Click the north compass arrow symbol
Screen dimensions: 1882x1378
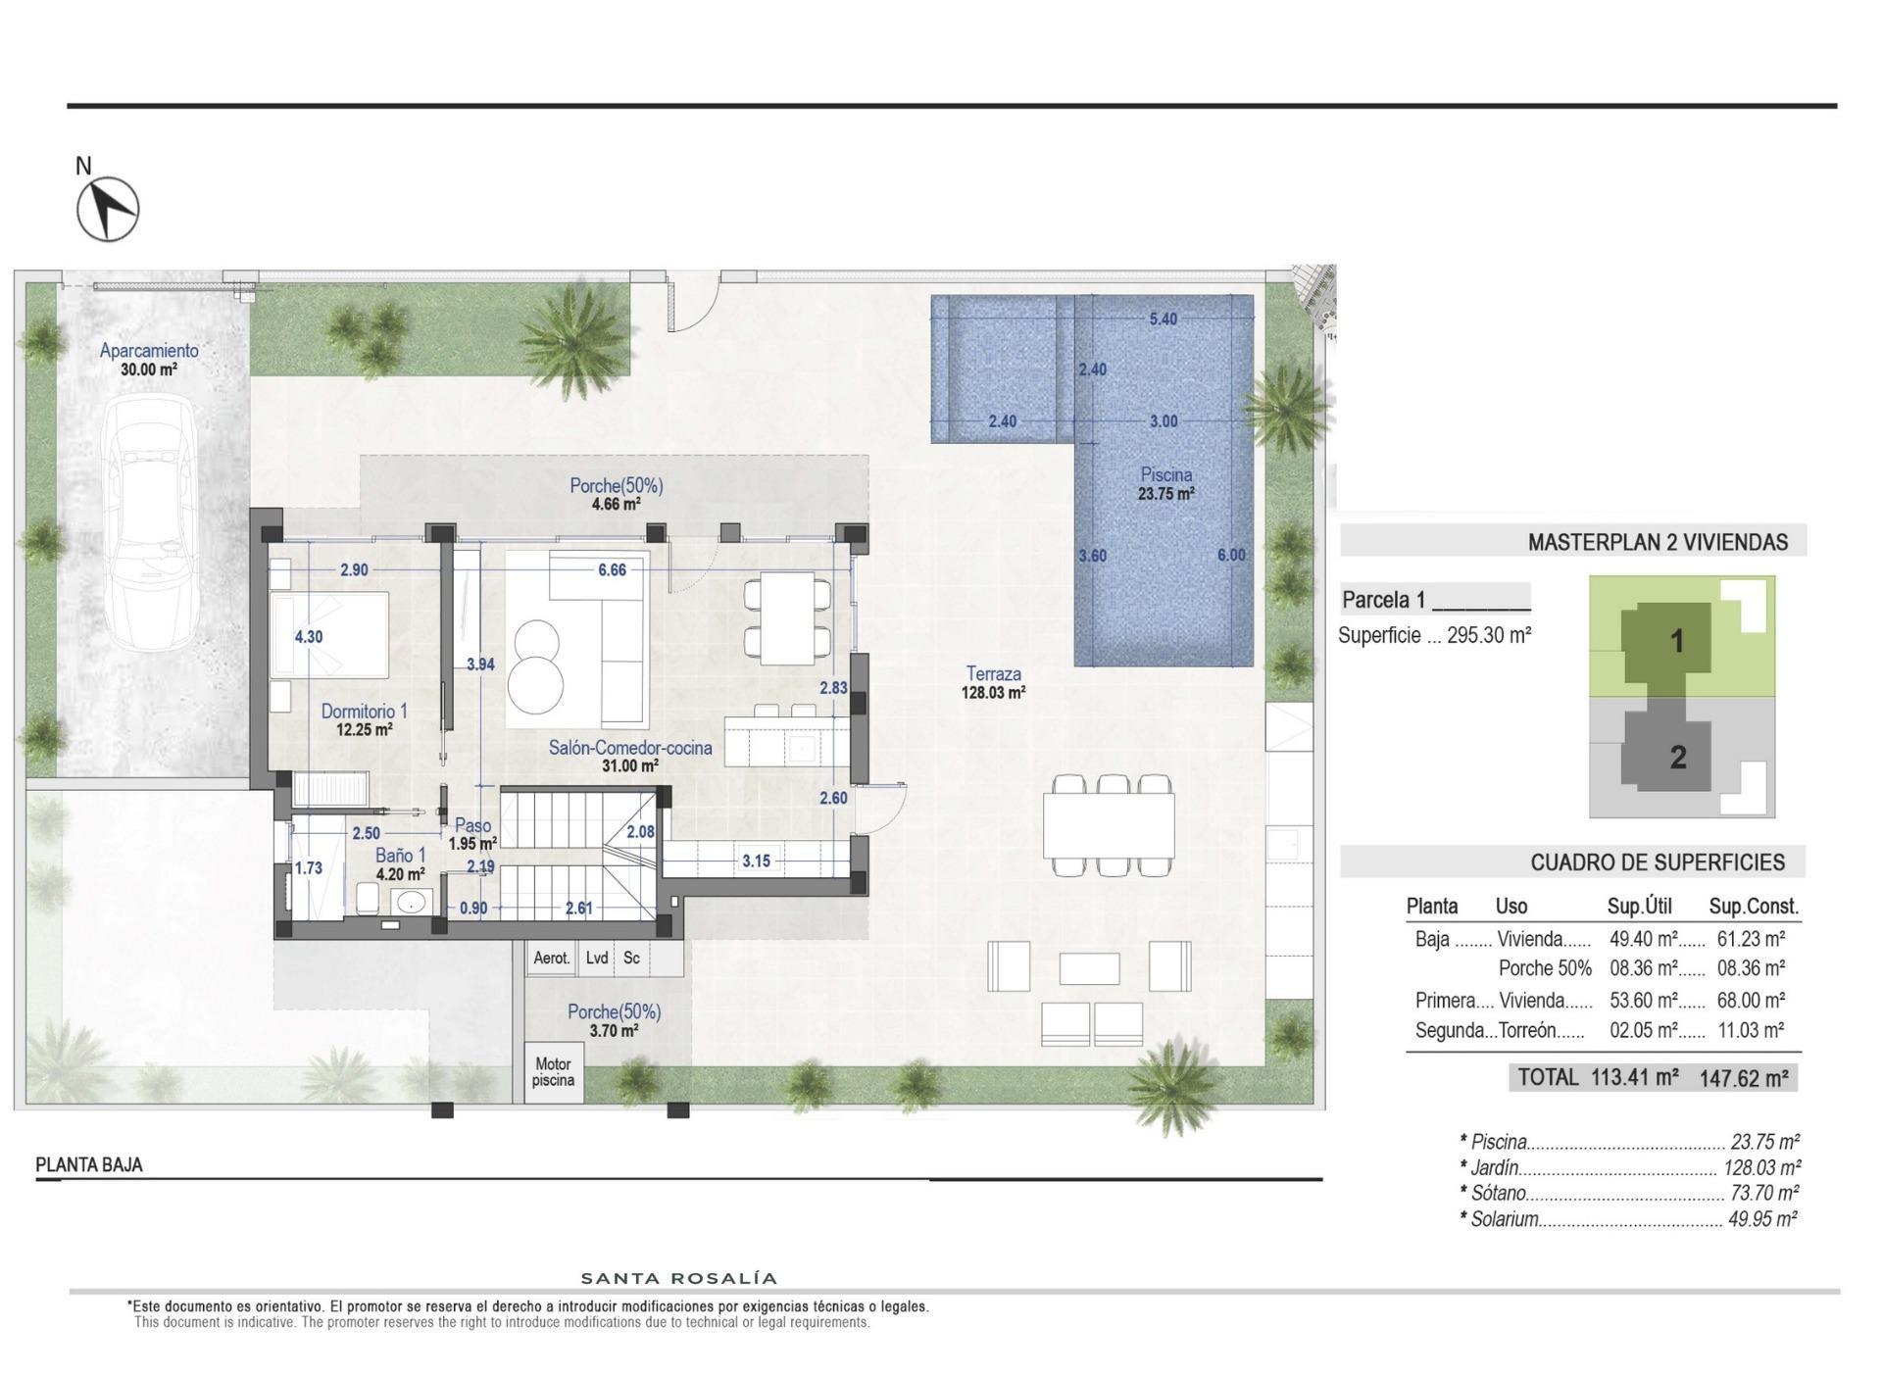coord(109,208)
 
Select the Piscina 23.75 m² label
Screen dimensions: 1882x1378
coord(1165,484)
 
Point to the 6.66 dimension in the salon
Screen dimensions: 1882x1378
coord(612,569)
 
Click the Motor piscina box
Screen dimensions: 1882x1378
coord(553,1072)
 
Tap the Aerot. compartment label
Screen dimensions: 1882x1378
coord(551,958)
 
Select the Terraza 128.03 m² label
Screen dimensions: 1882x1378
coord(993,682)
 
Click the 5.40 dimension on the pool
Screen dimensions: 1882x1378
coord(1163,319)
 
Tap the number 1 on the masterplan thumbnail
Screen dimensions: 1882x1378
coord(1676,641)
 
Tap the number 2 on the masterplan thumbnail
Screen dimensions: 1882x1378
coord(1677,757)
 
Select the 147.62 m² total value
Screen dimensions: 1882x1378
coord(1743,1079)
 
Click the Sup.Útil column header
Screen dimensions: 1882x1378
coord(1639,906)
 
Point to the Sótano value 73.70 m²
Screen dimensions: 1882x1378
coord(1764,1193)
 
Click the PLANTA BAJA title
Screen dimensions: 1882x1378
coord(89,1164)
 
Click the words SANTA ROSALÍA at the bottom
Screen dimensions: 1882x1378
coord(679,1278)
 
